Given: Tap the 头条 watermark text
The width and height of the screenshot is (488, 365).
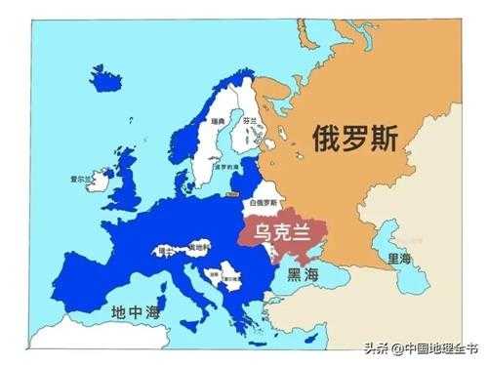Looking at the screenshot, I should click(376, 347).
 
